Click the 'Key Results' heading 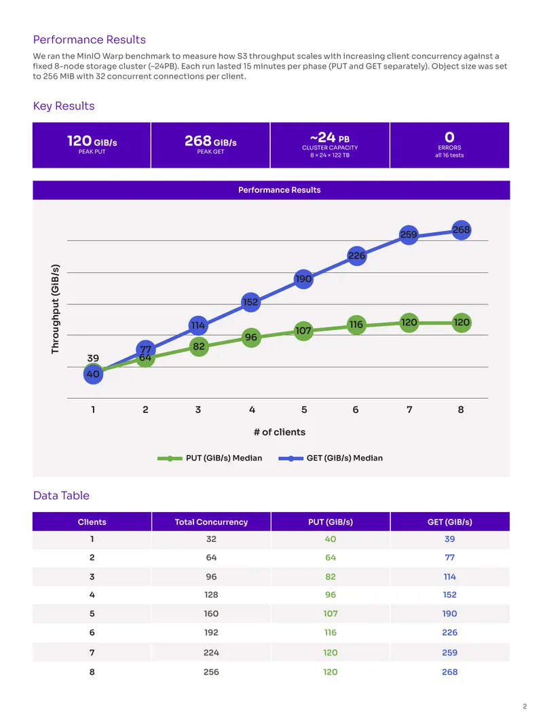point(64,106)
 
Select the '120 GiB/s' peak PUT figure point(92,141)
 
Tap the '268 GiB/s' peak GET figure point(210,141)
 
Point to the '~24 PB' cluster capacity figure point(330,138)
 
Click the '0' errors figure point(449,137)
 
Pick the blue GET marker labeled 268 point(462,230)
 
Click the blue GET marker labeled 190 point(303,279)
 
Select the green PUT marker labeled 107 point(303,331)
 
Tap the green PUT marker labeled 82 point(199,346)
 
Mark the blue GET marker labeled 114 point(198,325)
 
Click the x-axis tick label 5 point(304,410)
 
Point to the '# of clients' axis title point(280,432)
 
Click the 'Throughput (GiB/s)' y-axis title point(56,309)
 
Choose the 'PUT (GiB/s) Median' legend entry point(210,458)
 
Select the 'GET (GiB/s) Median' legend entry point(331,458)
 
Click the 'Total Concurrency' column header point(211,522)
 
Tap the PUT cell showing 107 point(331,614)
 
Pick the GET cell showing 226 point(450,632)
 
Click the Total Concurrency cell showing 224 point(211,653)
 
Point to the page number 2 point(525,706)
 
